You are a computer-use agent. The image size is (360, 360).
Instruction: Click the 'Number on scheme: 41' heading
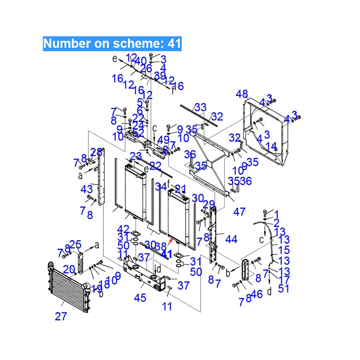[x=112, y=43]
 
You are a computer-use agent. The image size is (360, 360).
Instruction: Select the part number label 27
[x=61, y=316]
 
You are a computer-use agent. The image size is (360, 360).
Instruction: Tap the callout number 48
[x=242, y=94]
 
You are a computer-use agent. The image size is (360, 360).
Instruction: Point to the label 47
[x=240, y=212]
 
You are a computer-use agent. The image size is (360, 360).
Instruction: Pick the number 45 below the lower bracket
[x=140, y=298]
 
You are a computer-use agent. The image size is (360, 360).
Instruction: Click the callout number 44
[x=231, y=240]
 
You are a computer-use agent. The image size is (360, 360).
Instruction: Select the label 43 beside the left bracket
[x=87, y=188]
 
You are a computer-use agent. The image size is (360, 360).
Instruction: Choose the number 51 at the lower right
[x=284, y=288]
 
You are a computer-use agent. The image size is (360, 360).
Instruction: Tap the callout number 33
[x=201, y=107]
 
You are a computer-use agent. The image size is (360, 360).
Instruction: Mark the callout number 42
[x=123, y=229]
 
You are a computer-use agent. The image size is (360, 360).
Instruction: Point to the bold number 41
[x=166, y=254]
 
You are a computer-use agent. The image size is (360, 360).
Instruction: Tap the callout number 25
[x=75, y=244]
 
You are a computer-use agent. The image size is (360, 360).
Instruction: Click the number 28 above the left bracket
[x=96, y=152]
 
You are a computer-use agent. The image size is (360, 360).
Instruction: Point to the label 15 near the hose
[x=284, y=250]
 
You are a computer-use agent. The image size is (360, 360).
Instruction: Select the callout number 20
[x=69, y=269]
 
